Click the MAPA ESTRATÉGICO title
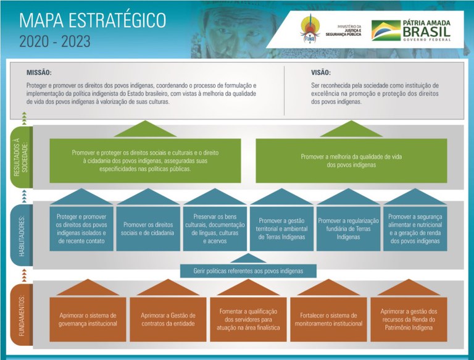coord(93,20)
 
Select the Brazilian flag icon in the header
coord(385,30)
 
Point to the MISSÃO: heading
coord(39,72)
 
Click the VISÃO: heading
coord(320,72)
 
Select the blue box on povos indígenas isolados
coord(81,228)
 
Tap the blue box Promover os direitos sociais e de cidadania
coord(148,228)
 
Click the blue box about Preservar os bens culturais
coord(214,228)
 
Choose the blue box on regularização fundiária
coord(347,228)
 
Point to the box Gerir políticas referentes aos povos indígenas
coord(248,270)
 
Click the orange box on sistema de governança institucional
coord(88,319)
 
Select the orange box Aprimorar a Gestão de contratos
coord(168,319)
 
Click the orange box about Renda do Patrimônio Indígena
coord(408,319)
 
